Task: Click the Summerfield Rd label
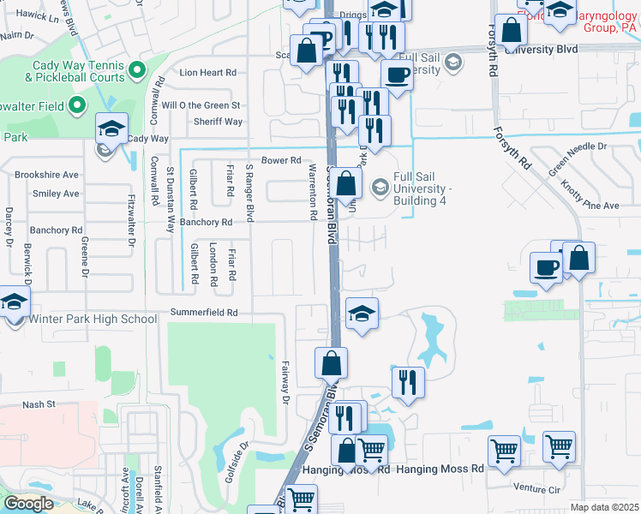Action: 204,313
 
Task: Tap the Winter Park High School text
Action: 93,320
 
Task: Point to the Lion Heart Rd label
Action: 207,73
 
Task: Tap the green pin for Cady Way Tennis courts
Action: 136,69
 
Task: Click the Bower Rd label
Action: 281,160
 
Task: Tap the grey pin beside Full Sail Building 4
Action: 379,186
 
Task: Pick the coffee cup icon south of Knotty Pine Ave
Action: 545,267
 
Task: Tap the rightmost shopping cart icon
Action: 559,445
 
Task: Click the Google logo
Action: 28,504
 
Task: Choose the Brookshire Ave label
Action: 46,174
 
